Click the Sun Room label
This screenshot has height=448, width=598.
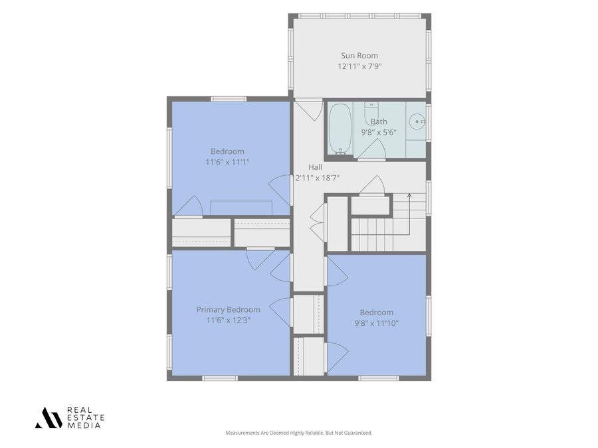pos(359,56)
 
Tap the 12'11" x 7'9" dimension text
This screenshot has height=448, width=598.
pos(359,66)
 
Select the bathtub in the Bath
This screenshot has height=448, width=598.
pos(340,128)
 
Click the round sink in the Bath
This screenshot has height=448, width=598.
pos(417,121)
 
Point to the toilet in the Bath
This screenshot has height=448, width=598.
pos(371,110)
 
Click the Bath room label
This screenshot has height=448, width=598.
pos(379,121)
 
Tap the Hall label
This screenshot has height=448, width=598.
pos(315,167)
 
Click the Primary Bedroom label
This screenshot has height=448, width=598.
pos(228,310)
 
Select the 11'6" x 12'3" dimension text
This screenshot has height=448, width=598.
pos(228,321)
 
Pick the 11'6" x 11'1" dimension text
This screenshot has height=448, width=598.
pos(227,163)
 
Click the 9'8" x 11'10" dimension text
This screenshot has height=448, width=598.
pos(377,323)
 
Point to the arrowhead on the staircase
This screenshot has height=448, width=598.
pos(409,195)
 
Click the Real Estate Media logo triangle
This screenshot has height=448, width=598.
pos(49,417)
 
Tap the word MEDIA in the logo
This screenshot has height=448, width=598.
pos(84,425)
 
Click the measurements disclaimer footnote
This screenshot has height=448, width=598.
pos(298,433)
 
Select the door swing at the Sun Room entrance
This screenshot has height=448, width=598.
pos(309,110)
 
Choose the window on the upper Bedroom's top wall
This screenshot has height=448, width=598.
pos(229,99)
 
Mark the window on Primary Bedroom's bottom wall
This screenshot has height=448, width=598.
pos(220,378)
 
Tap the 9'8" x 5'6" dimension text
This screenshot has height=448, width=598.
pos(379,133)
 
